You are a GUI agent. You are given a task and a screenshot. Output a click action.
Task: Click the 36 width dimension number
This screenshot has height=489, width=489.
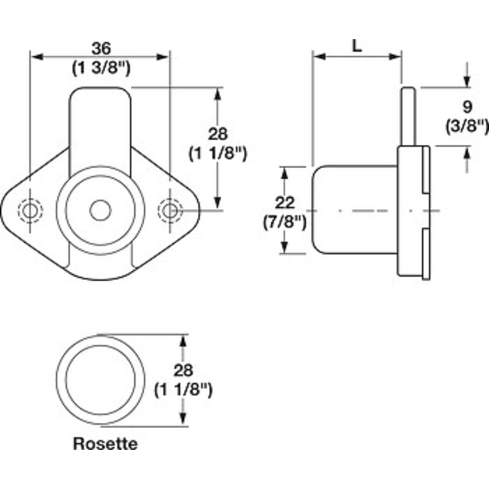pyautogui.click(x=101, y=48)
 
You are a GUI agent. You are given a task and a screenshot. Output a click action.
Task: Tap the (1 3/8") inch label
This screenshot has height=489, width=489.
pyautogui.click(x=101, y=68)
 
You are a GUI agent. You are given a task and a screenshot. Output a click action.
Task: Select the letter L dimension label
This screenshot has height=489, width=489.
pyautogui.click(x=357, y=46)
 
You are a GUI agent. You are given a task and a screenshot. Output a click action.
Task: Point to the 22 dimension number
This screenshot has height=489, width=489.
pyautogui.click(x=285, y=203)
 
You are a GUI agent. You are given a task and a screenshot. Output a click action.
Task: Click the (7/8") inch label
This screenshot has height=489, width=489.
pyautogui.click(x=285, y=222)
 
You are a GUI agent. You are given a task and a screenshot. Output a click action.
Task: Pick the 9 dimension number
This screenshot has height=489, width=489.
pyautogui.click(x=467, y=107)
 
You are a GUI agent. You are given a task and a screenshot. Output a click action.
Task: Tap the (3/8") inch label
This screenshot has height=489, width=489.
pyautogui.click(x=467, y=127)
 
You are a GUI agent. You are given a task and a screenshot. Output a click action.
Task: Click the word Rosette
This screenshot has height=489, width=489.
pyautogui.click(x=105, y=444)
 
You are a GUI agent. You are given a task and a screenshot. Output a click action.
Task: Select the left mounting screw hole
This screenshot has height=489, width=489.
pyautogui.click(x=30, y=211)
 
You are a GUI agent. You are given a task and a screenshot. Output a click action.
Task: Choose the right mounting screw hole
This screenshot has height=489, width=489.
pyautogui.click(x=170, y=211)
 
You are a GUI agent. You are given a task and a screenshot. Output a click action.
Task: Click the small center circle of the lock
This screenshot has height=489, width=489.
pyautogui.click(x=100, y=210)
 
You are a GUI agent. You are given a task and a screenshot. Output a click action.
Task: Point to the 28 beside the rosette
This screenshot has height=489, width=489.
pyautogui.click(x=183, y=370)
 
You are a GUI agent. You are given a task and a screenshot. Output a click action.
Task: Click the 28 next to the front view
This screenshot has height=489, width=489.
pyautogui.click(x=218, y=134)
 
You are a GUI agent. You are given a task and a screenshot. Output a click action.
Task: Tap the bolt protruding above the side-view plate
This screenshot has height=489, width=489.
pyautogui.click(x=408, y=116)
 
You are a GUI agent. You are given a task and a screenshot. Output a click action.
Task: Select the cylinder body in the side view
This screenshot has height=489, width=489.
pyautogui.click(x=355, y=210)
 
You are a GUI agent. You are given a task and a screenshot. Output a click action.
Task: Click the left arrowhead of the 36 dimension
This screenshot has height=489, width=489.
pyautogui.click(x=37, y=57)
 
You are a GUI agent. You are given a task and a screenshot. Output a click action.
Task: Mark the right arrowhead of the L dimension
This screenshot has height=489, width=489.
pyautogui.click(x=395, y=56)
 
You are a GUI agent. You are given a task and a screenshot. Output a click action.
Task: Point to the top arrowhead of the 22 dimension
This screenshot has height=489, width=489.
pyautogui.click(x=284, y=173)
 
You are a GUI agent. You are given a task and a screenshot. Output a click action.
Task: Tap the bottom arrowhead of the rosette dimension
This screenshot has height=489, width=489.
pyautogui.click(x=183, y=418)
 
